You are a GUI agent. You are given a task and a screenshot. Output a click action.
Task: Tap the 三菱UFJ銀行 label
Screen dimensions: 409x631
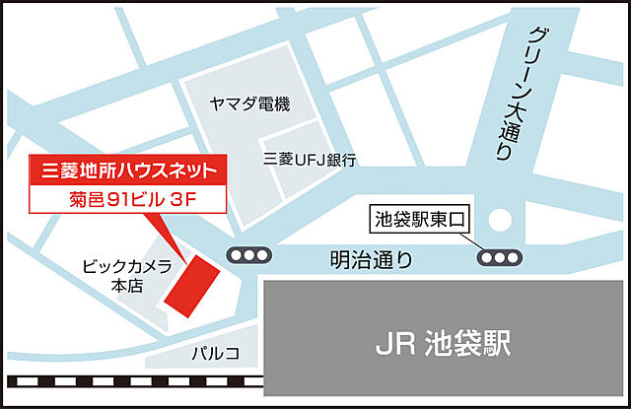[x=311, y=159]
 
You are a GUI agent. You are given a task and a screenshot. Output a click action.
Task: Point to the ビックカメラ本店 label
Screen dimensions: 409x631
[x=128, y=273]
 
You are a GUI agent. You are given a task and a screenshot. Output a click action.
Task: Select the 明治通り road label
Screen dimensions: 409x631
[x=372, y=261]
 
